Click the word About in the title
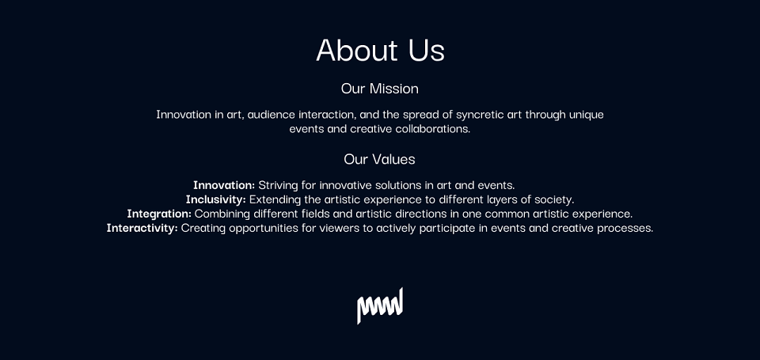(x=357, y=49)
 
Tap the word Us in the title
(x=427, y=50)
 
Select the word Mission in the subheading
(x=394, y=89)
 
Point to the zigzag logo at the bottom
(x=380, y=305)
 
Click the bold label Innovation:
(x=224, y=185)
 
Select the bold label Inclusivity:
(x=215, y=199)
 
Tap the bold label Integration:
(x=159, y=214)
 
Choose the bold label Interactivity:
(x=142, y=228)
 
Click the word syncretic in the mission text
(x=479, y=115)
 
